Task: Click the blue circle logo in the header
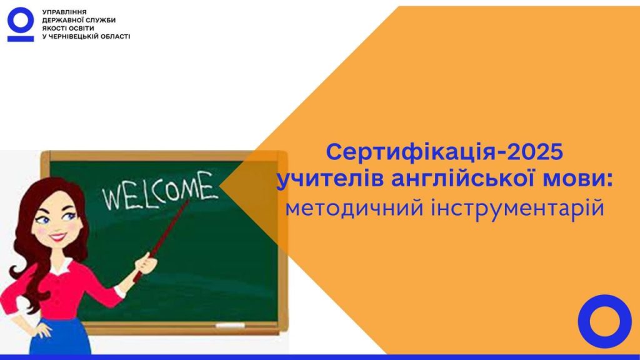pos(21,12)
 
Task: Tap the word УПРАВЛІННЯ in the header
pos(64,12)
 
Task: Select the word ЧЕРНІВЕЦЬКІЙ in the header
pos(71,37)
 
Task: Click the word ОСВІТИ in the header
pos(82,29)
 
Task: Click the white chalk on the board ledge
pos(230,325)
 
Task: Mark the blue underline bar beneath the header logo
pos(21,39)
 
